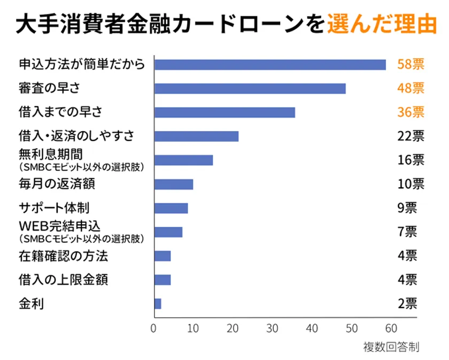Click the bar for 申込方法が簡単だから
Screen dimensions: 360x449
[270, 65]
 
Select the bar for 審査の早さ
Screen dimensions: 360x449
[250, 89]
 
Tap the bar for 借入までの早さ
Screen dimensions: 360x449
[224, 112]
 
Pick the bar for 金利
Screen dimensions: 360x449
[158, 304]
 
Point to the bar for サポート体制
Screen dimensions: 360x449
[171, 208]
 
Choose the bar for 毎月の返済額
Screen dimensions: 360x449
[174, 185]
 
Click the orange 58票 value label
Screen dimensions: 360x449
[411, 65]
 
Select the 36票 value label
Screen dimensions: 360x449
[411, 112]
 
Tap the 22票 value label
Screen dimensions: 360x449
[411, 136]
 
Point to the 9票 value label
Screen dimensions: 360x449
[407, 208]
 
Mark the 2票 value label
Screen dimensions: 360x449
[407, 304]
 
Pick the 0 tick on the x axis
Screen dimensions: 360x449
[154, 328]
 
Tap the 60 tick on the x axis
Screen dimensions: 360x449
[391, 328]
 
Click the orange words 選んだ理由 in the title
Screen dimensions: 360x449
[380, 24]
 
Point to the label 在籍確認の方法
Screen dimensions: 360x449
[63, 256]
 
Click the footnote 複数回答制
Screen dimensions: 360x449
[391, 347]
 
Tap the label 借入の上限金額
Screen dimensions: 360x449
[63, 280]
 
